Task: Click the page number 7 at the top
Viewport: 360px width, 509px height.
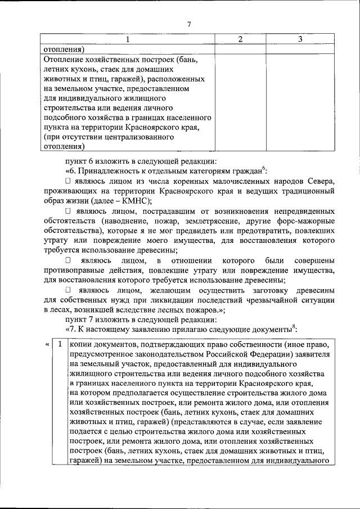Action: [189, 24]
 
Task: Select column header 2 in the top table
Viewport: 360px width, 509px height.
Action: [240, 39]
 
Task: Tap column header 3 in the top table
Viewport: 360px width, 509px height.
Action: [301, 39]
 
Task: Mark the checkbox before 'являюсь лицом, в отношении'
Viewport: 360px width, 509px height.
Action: [68, 261]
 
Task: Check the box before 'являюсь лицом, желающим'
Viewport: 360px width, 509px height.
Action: [68, 291]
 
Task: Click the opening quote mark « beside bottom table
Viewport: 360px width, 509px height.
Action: [45, 344]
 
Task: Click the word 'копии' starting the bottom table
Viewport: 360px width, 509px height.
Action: [81, 344]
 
